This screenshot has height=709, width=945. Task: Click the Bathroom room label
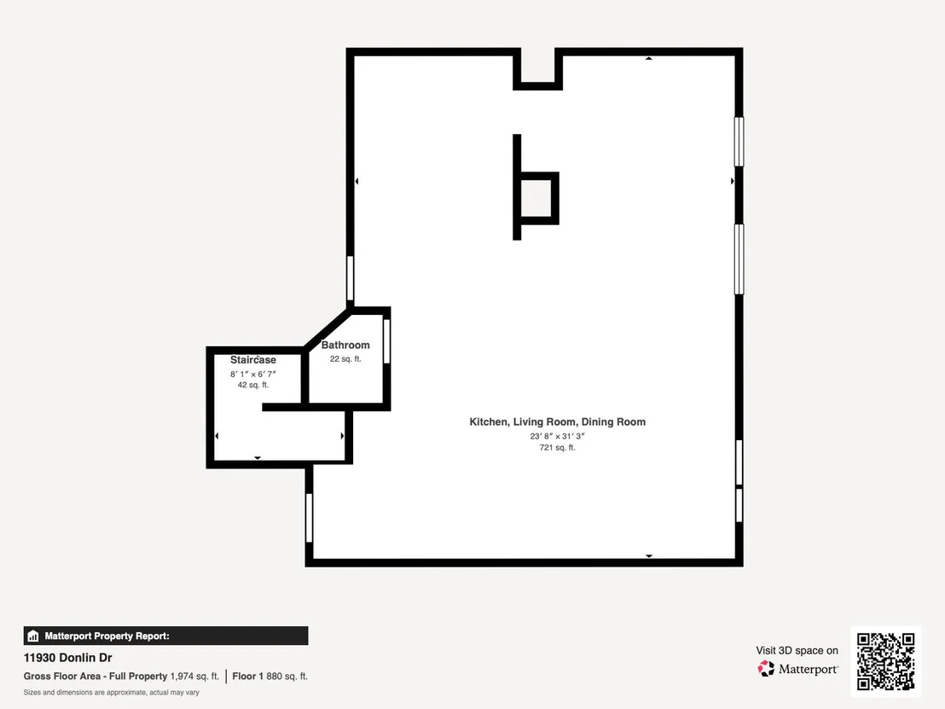pos(345,345)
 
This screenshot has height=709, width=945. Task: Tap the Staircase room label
pos(253,360)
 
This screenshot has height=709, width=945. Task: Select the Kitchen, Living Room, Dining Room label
pos(558,422)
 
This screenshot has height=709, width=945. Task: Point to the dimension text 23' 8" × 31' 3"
pos(558,436)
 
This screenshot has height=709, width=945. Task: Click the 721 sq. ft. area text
pos(558,447)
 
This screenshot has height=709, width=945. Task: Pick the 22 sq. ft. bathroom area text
pos(345,358)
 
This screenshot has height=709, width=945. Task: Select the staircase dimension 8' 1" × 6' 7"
pos(253,374)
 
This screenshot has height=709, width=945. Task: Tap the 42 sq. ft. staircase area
pos(253,385)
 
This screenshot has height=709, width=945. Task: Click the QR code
pos(885,661)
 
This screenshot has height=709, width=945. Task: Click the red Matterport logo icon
pos(766,669)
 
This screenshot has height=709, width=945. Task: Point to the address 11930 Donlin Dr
pos(67,658)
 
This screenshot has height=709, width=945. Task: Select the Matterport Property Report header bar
pos(165,636)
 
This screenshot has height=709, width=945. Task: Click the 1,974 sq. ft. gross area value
pos(194,677)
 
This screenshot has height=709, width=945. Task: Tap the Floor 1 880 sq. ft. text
pos(270,677)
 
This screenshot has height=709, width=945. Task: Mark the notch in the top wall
pos(537,69)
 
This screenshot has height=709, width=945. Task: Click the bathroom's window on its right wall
pos(387,341)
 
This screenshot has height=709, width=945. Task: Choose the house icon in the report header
pos(33,636)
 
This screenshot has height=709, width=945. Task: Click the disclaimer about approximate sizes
pos(112,692)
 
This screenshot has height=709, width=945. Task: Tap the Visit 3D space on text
pos(797,650)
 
